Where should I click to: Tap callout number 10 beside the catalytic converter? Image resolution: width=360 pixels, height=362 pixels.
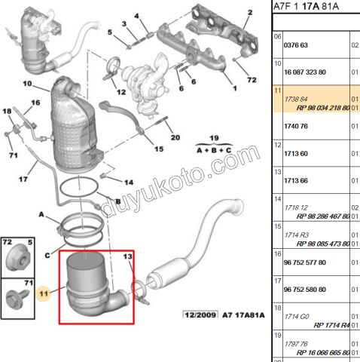point(26,83)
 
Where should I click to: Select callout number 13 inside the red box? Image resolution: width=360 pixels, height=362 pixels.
point(127,258)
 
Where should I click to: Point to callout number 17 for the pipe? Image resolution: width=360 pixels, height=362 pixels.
point(23,179)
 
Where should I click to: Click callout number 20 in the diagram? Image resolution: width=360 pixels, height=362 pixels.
point(175,137)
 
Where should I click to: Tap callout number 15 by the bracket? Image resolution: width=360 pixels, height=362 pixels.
point(159,149)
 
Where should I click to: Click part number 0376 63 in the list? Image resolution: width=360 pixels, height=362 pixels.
point(296,45)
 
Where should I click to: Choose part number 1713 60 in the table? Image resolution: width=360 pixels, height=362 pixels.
point(295,153)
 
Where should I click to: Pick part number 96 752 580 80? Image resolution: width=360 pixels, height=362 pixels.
point(304,289)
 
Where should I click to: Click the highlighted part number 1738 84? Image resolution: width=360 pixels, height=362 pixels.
point(295,100)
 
